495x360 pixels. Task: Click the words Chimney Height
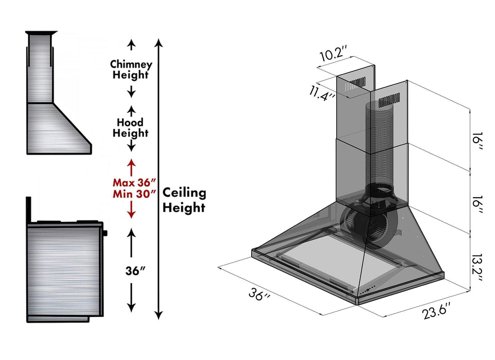click(131, 69)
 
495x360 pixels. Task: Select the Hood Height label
click(130, 128)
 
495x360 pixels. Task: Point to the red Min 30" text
click(135, 194)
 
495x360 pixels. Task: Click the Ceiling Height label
click(184, 200)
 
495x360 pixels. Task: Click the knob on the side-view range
click(105, 233)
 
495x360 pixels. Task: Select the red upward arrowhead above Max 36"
click(131, 163)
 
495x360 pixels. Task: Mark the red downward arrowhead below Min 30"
click(131, 214)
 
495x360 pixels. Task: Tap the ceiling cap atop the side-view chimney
click(42, 33)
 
